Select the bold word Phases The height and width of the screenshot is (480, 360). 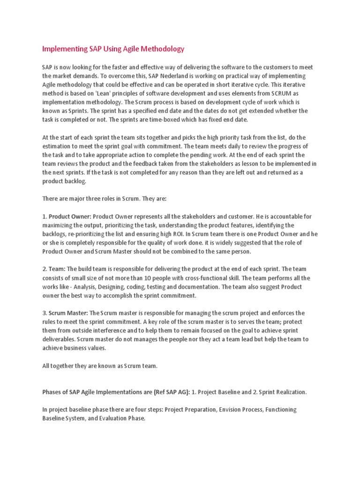tap(53, 392)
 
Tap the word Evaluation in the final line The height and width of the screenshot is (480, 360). tap(113, 418)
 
